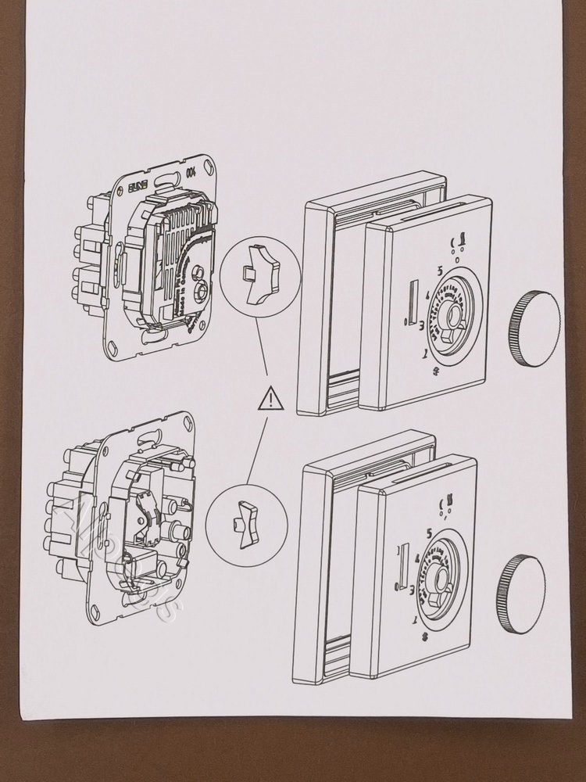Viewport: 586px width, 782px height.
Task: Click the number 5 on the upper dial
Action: click(x=441, y=271)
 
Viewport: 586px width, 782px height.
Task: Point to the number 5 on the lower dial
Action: click(x=431, y=533)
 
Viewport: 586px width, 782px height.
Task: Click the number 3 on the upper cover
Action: click(x=422, y=323)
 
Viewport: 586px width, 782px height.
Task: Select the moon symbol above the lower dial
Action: click(x=446, y=504)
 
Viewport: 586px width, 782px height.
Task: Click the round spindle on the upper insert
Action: click(x=202, y=289)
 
